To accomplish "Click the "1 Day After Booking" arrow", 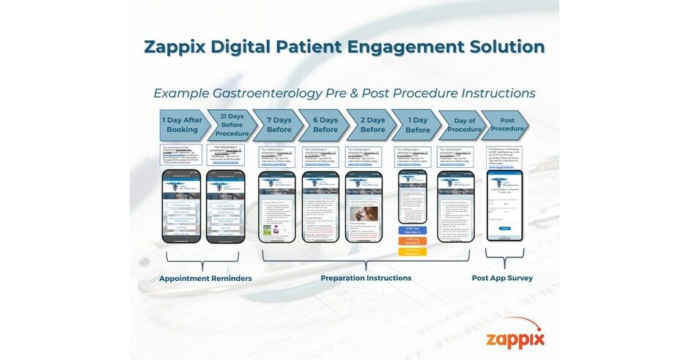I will tap(182, 125).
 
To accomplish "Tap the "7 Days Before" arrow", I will tap(279, 125).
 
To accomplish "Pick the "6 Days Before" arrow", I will tap(325, 125).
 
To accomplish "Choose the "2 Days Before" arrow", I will tap(372, 125).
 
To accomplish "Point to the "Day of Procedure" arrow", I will tap(465, 125).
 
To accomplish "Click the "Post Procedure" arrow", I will tap(512, 124).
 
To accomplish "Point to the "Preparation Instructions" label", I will tap(366, 279).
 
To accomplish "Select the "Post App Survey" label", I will tap(502, 279).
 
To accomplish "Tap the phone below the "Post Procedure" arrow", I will tap(504, 205).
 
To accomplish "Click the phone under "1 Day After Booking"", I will tap(181, 206).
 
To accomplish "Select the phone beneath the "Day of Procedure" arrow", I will tap(457, 206).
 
